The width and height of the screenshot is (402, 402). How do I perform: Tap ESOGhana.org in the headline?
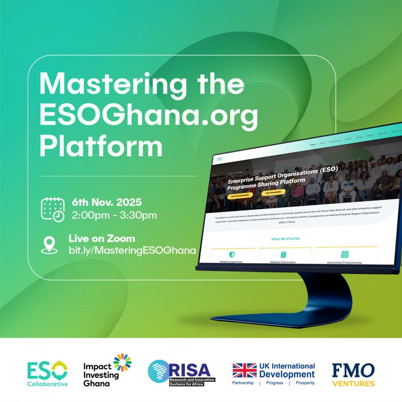[149, 116]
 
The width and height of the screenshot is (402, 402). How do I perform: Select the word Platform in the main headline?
[102, 147]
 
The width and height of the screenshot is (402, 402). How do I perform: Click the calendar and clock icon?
[53, 209]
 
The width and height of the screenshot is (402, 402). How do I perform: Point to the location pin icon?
[49, 244]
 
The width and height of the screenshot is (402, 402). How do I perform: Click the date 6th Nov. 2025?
[107, 203]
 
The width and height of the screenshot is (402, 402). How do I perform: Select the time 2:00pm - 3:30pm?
[114, 216]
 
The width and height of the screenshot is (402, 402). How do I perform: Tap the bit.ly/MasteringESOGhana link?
[132, 250]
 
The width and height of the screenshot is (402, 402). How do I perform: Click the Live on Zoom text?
[102, 238]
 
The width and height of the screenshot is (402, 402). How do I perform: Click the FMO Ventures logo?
[353, 374]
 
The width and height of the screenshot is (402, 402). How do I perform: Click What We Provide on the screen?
[285, 239]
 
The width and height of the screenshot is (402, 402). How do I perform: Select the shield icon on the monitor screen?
[231, 255]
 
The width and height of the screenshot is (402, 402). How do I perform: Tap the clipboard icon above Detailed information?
[283, 255]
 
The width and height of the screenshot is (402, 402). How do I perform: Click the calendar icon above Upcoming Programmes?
[345, 254]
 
